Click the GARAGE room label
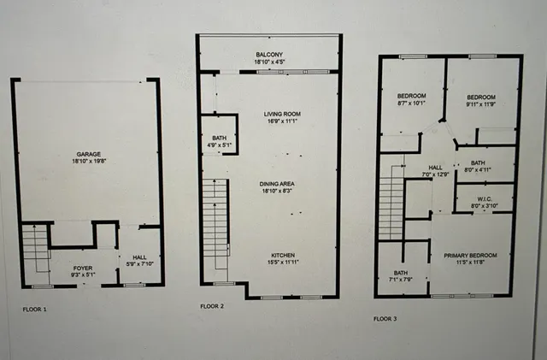88,155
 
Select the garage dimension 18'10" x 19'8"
88,162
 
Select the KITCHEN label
284,256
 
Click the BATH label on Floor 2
219,137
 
